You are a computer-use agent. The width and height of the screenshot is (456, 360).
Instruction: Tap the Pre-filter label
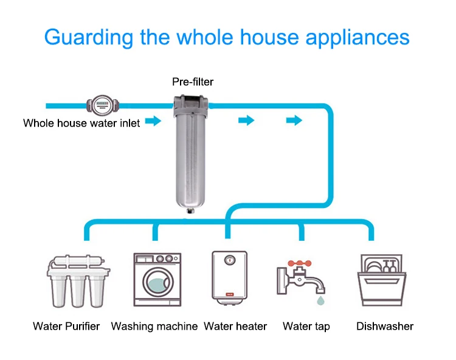[x=193, y=81]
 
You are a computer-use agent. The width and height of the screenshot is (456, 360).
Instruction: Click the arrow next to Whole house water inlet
[x=153, y=122]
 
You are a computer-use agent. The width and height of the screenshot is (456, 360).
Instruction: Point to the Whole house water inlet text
[x=81, y=123]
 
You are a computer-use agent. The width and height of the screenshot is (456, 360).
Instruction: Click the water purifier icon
[x=73, y=282]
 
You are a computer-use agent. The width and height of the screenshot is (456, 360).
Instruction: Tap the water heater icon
[x=229, y=277]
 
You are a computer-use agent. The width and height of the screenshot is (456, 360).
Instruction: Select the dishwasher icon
[x=380, y=281]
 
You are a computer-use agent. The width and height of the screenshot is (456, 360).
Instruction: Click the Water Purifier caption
[x=66, y=327]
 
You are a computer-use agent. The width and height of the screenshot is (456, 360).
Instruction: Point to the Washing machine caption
[x=154, y=327]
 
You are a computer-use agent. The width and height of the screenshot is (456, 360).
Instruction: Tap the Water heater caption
[x=235, y=327]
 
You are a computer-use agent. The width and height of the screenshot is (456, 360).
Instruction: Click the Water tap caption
[x=306, y=327]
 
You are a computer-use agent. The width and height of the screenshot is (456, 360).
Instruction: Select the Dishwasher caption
[x=385, y=327]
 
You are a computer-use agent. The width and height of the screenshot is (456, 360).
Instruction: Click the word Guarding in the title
[x=89, y=37]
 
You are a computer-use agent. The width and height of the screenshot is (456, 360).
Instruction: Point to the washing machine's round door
[x=157, y=284]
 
